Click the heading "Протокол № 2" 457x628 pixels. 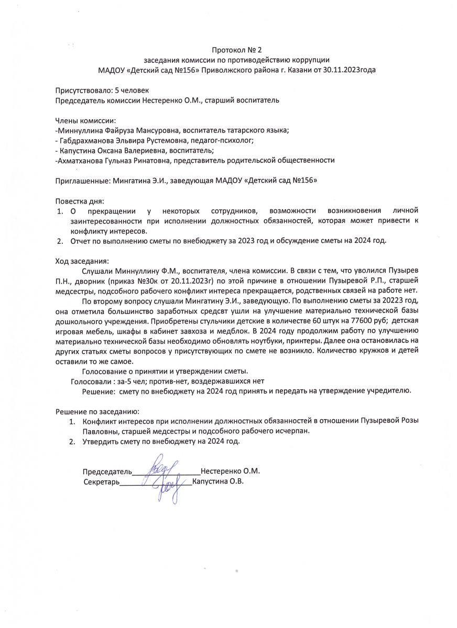click(236, 50)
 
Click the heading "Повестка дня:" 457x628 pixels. click(80, 201)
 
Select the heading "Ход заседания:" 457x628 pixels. click(83, 261)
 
